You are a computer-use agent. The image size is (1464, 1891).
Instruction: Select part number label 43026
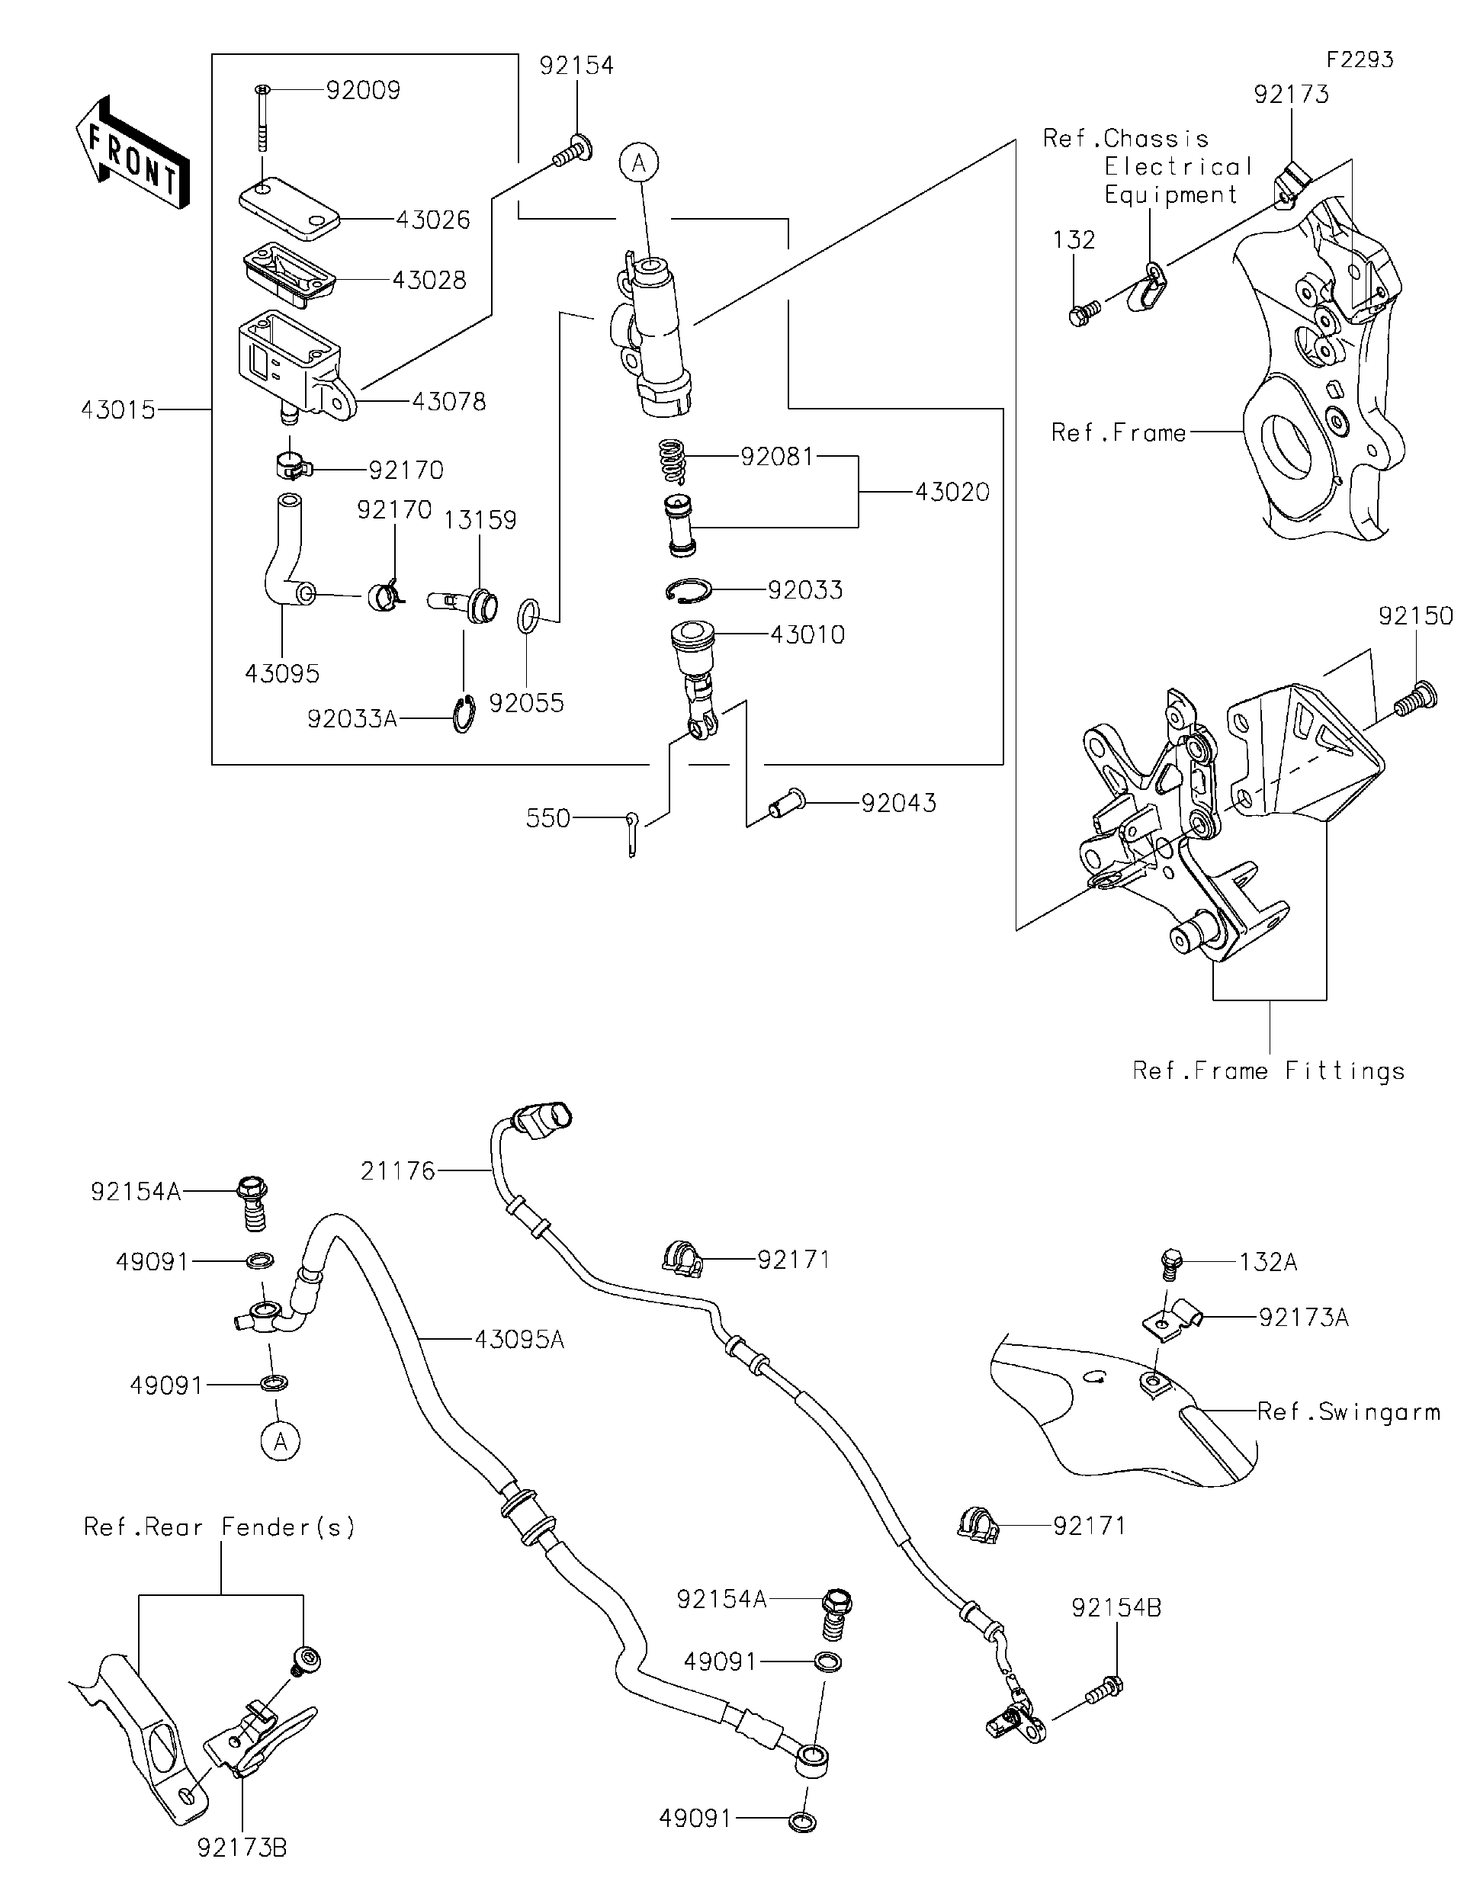pyautogui.click(x=433, y=220)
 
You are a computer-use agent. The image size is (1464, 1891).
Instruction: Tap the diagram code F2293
pyautogui.click(x=1360, y=59)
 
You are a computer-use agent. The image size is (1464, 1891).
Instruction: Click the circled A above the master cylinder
pyautogui.click(x=639, y=162)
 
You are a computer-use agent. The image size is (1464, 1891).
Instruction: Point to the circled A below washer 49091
pyautogui.click(x=281, y=1442)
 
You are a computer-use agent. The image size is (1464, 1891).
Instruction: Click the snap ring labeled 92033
pyautogui.click(x=689, y=590)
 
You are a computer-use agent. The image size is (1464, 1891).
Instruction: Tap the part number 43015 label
pyautogui.click(x=119, y=409)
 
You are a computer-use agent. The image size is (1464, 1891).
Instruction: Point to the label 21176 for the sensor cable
pyautogui.click(x=397, y=1171)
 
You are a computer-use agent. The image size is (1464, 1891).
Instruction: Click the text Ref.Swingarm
pyautogui.click(x=1348, y=1412)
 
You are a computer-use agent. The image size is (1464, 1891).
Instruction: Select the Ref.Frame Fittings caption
pyautogui.click(x=1268, y=1071)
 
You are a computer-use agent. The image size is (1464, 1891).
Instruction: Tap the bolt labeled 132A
pyautogui.click(x=1170, y=1263)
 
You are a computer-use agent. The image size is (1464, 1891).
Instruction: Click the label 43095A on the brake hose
pyautogui.click(x=519, y=1340)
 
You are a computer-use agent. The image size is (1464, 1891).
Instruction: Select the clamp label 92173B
pyautogui.click(x=242, y=1848)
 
